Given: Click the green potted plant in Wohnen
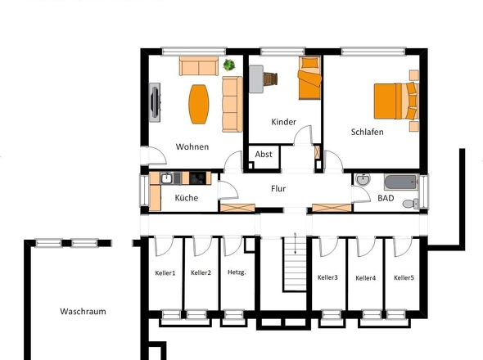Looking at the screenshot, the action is pos(229,65).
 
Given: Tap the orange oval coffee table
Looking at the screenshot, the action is pos(199,104).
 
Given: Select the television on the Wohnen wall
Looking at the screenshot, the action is pos(155,102).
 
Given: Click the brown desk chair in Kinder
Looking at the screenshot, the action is pos(270,79).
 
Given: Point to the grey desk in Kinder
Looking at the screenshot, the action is pos(256,79).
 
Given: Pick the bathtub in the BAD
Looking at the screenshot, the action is pos(401,182).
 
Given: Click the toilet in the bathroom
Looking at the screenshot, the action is pos(411,203).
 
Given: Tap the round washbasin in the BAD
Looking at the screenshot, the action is pos(363,179).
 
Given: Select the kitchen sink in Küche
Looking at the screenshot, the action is pos(167,178).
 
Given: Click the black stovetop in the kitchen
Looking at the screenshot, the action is pos(198,178).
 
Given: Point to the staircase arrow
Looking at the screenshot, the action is pos(295,243).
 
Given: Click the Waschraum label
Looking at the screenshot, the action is pos(83,312).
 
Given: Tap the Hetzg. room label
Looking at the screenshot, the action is pos(237,272).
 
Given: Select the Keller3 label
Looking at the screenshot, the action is pos(327,277).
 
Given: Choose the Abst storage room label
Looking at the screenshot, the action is pos(264,155).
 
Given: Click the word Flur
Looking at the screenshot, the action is pos(278,188).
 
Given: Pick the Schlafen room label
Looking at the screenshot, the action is pos(368,132).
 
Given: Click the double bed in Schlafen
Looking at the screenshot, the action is pos(396,101).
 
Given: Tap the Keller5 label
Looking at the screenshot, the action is pos(404,278).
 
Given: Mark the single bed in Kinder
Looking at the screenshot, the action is pos(310,78).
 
